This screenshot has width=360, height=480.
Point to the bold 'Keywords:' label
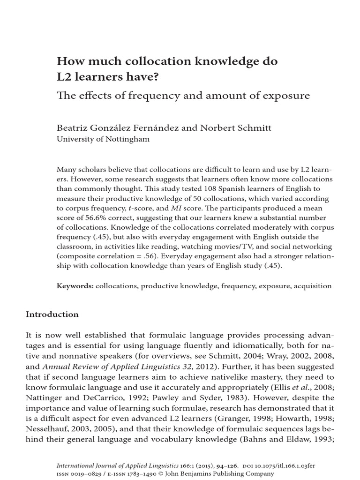tap(75, 286)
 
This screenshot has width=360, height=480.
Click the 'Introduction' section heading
tap(52, 314)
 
